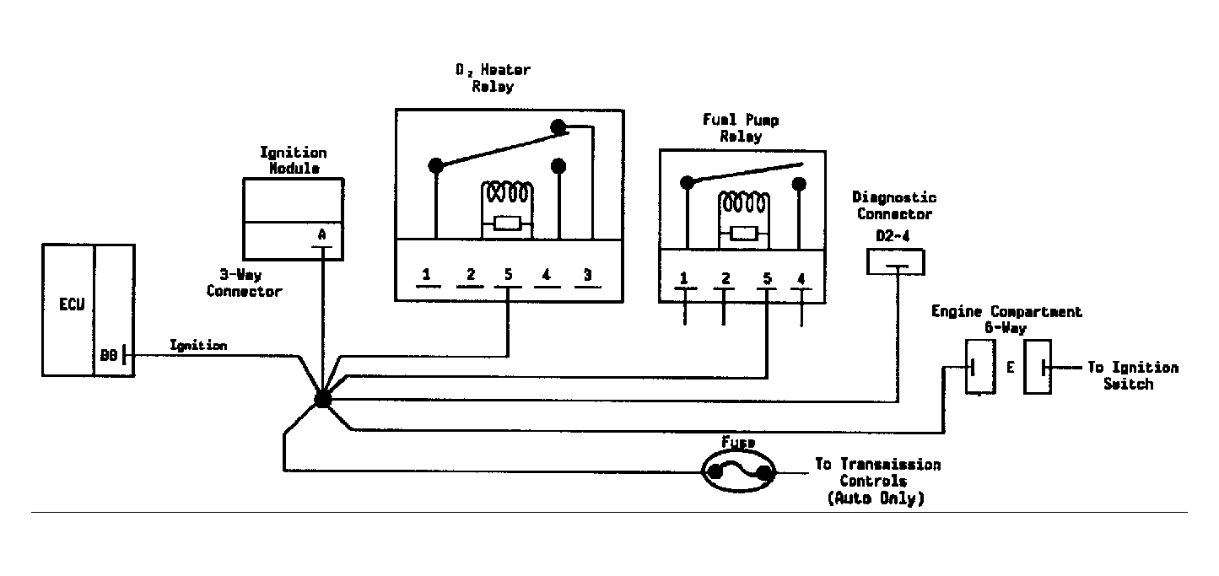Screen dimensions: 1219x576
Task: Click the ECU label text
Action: [x=72, y=304]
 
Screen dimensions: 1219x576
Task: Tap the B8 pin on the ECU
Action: [x=109, y=356]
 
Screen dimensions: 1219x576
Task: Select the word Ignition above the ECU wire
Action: [x=198, y=346]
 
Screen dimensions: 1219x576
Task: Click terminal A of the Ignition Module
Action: [x=321, y=235]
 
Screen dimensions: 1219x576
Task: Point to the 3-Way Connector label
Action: [x=244, y=283]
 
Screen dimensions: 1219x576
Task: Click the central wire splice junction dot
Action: [x=323, y=399]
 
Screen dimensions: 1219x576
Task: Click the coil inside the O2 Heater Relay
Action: [x=507, y=194]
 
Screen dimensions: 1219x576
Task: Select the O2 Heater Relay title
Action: [x=493, y=78]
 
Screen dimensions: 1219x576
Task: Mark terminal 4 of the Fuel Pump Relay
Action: [x=801, y=279]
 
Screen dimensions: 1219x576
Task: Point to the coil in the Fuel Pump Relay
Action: [x=744, y=203]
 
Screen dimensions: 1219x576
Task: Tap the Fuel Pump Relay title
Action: [x=741, y=128]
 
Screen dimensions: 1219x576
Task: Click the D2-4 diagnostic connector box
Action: [x=895, y=261]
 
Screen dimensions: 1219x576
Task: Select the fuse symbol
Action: [x=739, y=471]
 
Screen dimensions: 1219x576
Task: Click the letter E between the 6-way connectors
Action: [x=1010, y=368]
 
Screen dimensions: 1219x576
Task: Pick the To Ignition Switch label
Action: [x=1133, y=375]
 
